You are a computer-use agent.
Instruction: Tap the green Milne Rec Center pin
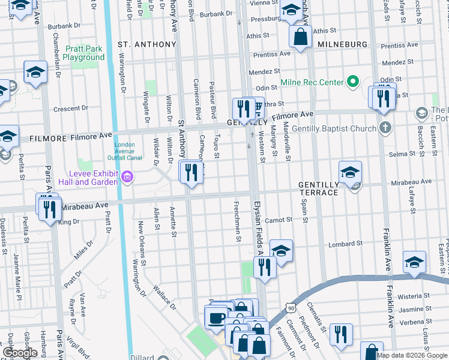click(353, 82)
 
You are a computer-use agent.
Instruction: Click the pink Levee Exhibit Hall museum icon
click(126, 177)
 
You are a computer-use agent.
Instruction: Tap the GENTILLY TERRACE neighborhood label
click(319, 188)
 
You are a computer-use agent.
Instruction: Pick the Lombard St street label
click(345, 244)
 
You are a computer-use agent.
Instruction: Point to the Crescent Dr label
click(70, 109)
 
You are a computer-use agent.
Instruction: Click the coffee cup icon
click(216, 317)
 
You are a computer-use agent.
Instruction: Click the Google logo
click(20, 353)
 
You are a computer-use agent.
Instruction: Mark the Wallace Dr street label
click(165, 296)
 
